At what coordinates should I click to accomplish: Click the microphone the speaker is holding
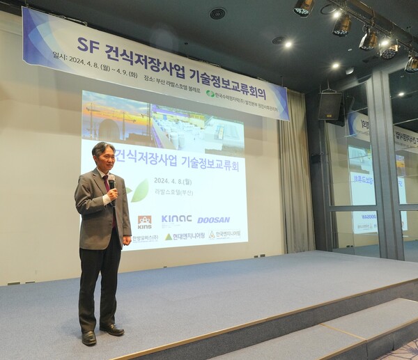click(x=111, y=183)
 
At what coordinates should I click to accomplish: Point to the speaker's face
click(x=104, y=159)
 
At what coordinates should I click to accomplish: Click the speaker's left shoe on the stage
click(x=89, y=338)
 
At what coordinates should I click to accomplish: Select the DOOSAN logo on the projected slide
click(x=213, y=220)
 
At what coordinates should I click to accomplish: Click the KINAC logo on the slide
click(x=176, y=219)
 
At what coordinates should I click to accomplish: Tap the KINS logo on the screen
click(x=144, y=222)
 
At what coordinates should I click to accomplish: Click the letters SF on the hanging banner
click(x=88, y=46)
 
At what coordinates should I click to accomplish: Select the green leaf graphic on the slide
click(x=139, y=190)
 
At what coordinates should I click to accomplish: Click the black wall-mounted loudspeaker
click(x=330, y=106)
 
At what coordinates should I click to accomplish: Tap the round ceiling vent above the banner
click(x=218, y=13)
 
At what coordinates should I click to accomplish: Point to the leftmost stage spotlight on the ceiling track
click(x=304, y=7)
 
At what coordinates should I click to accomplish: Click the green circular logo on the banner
click(x=210, y=93)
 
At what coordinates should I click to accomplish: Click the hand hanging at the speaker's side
click(x=126, y=241)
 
